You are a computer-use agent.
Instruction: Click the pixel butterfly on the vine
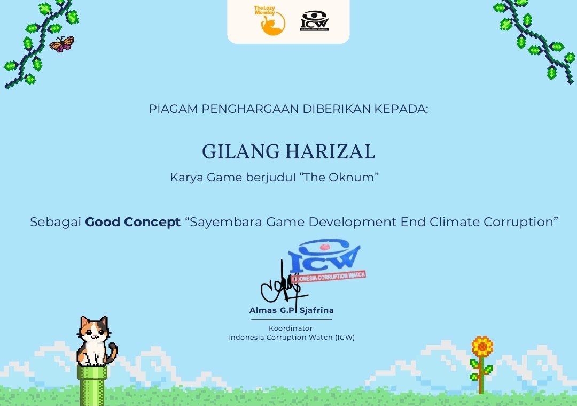coord(62,44)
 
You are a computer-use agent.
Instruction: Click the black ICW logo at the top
coord(314,21)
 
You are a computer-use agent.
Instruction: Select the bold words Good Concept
coord(133,222)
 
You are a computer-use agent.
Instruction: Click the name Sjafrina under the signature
coord(317,310)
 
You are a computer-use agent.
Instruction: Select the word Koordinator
coord(291,328)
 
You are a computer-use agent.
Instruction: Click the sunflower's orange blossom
coord(482,346)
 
